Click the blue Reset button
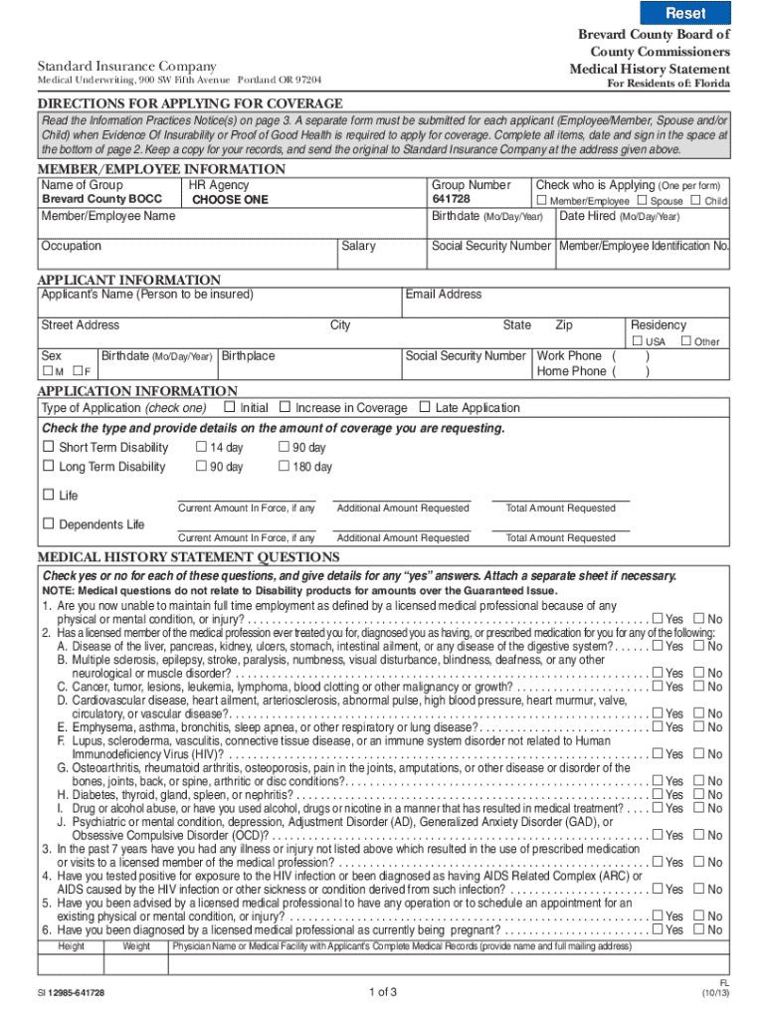pyautogui.click(x=685, y=13)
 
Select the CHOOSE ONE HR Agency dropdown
pyautogui.click(x=230, y=199)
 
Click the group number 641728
pyautogui.click(x=451, y=199)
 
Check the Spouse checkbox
pyautogui.click(x=642, y=201)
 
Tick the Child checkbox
pyautogui.click(x=696, y=201)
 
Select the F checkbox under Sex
pyautogui.click(x=77, y=371)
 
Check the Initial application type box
pyautogui.click(x=230, y=407)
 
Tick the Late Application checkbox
pyautogui.click(x=425, y=407)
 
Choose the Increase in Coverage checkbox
pyautogui.click(x=285, y=407)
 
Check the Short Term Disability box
pyautogui.click(x=48, y=448)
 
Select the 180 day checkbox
pyautogui.click(x=284, y=467)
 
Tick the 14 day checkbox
pyautogui.click(x=201, y=448)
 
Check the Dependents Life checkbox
pyautogui.click(x=48, y=524)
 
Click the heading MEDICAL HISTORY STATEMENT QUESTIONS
pyautogui.click(x=188, y=557)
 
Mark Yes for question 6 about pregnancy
pyautogui.click(x=657, y=929)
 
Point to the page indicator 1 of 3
pyautogui.click(x=383, y=992)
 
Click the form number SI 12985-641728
pyautogui.click(x=72, y=993)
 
